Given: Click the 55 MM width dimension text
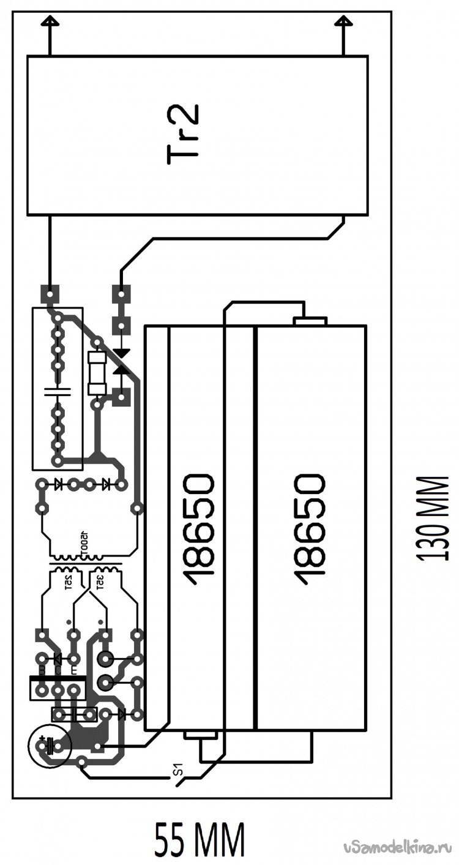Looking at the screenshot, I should (200, 842).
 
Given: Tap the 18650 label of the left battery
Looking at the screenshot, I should (200, 528).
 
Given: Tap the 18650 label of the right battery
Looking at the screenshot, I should (309, 528).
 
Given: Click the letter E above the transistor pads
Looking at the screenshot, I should (74, 671).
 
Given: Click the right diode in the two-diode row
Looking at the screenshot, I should (106, 484).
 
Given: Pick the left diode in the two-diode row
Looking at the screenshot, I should (58, 484).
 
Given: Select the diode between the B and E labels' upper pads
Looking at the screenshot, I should (57, 659).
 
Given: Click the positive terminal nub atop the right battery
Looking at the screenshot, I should (311, 321).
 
